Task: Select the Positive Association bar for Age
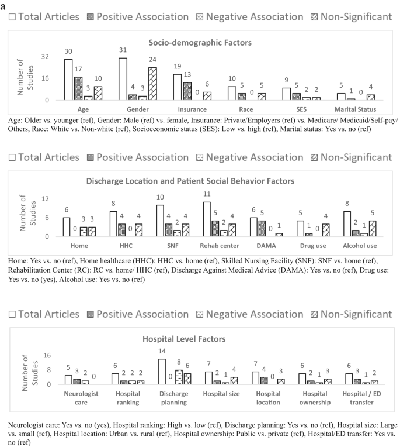pyautogui.click(x=78, y=88)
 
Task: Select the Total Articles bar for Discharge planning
pyautogui.click(x=162, y=372)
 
